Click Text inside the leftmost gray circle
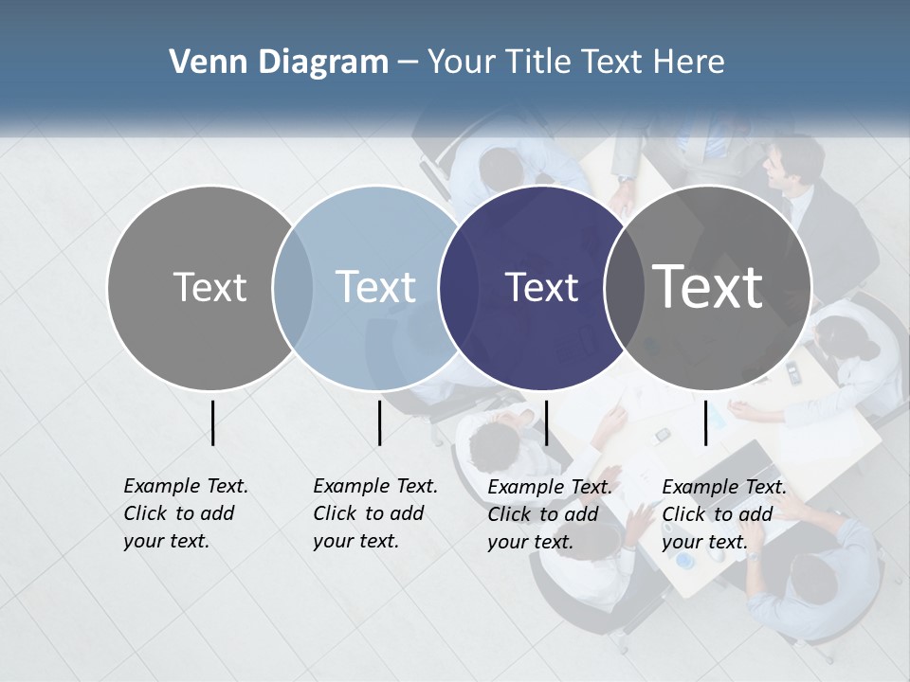[x=209, y=287]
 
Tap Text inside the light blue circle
[x=376, y=287]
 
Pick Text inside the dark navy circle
[x=541, y=287]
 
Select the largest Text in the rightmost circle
[x=708, y=287]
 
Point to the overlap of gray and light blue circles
[x=293, y=288]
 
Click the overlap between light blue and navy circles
[x=459, y=288]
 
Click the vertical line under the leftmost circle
[x=212, y=422]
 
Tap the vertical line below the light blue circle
[x=379, y=422]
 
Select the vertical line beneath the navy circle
[x=546, y=422]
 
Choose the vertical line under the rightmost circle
[x=705, y=422]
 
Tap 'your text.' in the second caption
[x=355, y=541]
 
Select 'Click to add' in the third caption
[x=543, y=514]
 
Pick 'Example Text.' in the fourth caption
[x=724, y=487]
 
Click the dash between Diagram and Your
[x=408, y=63]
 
